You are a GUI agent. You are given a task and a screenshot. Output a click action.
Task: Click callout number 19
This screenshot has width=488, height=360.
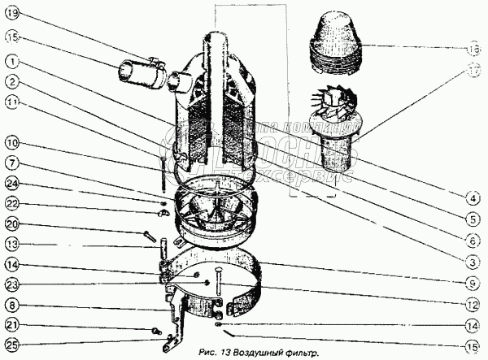point(14,14)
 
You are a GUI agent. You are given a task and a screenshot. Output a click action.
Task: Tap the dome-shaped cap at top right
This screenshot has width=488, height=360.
point(336,41)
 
